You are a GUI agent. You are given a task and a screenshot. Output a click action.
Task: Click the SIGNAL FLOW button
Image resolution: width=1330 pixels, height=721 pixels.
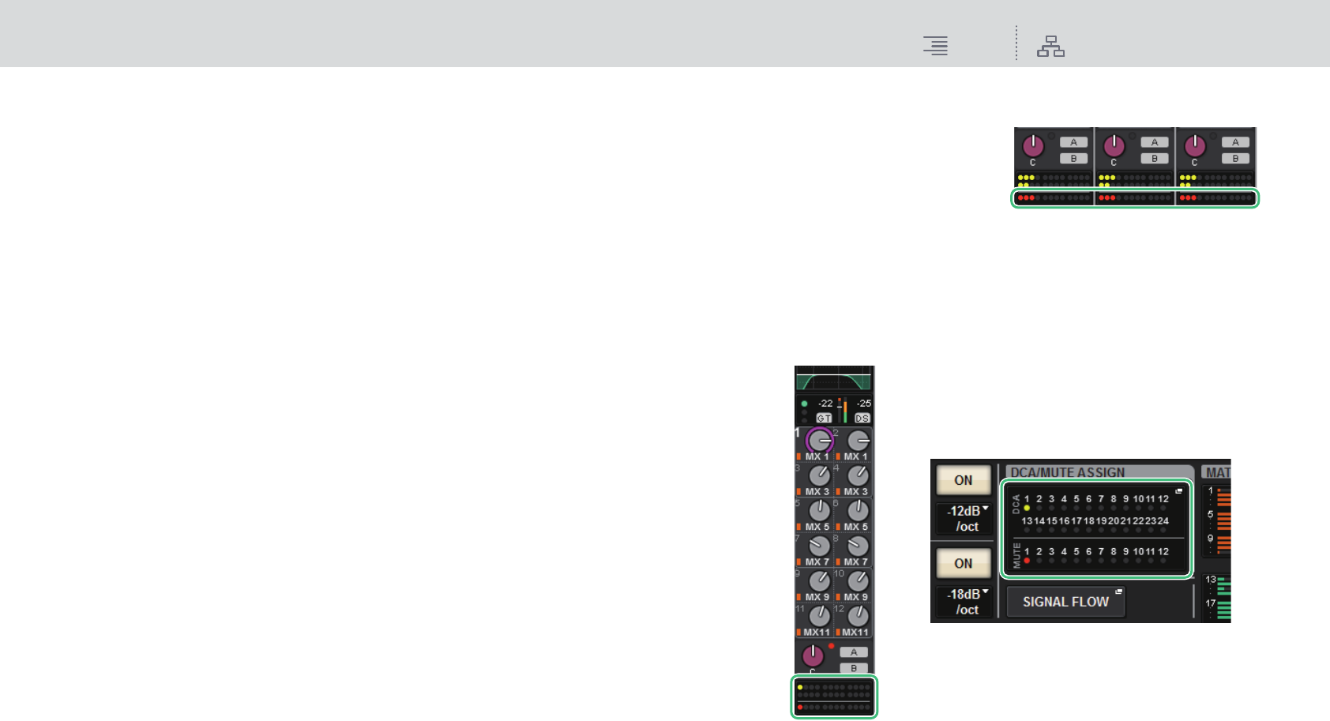1065,602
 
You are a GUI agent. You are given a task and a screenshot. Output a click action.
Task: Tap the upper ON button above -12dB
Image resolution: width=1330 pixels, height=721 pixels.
963,480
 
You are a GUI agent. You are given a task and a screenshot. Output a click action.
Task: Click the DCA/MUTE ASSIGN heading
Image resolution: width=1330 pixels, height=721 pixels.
1067,472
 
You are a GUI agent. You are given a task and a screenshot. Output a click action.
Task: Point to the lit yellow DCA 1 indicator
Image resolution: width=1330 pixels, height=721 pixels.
1027,509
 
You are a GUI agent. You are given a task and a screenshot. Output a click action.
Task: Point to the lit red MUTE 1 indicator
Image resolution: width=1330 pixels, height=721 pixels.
1027,561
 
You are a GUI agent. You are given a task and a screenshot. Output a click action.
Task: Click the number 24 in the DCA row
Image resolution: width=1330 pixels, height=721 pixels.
1163,521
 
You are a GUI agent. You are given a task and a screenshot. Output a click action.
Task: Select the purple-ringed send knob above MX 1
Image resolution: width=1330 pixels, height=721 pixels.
819,440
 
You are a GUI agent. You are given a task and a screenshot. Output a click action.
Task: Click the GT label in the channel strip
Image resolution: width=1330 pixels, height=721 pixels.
824,419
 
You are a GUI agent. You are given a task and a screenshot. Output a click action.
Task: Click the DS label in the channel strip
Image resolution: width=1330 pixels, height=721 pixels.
862,419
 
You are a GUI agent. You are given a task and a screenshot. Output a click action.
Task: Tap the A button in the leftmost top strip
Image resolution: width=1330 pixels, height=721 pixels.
1073,142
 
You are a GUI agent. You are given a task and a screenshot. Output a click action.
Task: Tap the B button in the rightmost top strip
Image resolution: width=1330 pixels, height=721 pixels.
1235,159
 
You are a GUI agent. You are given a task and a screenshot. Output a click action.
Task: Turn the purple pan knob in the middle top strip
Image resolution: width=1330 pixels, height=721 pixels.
1114,145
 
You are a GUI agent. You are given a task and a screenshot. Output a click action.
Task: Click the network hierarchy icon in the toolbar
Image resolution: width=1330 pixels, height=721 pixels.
1050,47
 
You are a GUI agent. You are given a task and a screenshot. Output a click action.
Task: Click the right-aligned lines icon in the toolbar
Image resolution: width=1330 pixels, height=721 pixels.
936,46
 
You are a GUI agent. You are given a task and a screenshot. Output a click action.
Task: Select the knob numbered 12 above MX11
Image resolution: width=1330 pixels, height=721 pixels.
858,616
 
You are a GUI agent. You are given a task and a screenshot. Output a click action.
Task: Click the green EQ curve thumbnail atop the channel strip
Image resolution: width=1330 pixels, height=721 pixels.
834,379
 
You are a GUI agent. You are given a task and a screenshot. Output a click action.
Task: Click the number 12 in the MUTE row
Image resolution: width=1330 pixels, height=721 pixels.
1163,552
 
